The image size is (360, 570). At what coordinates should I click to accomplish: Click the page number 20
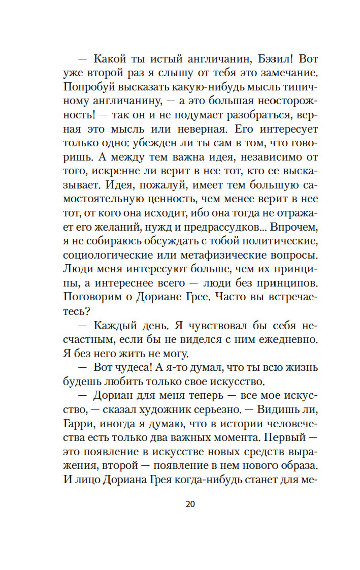click(190, 504)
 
